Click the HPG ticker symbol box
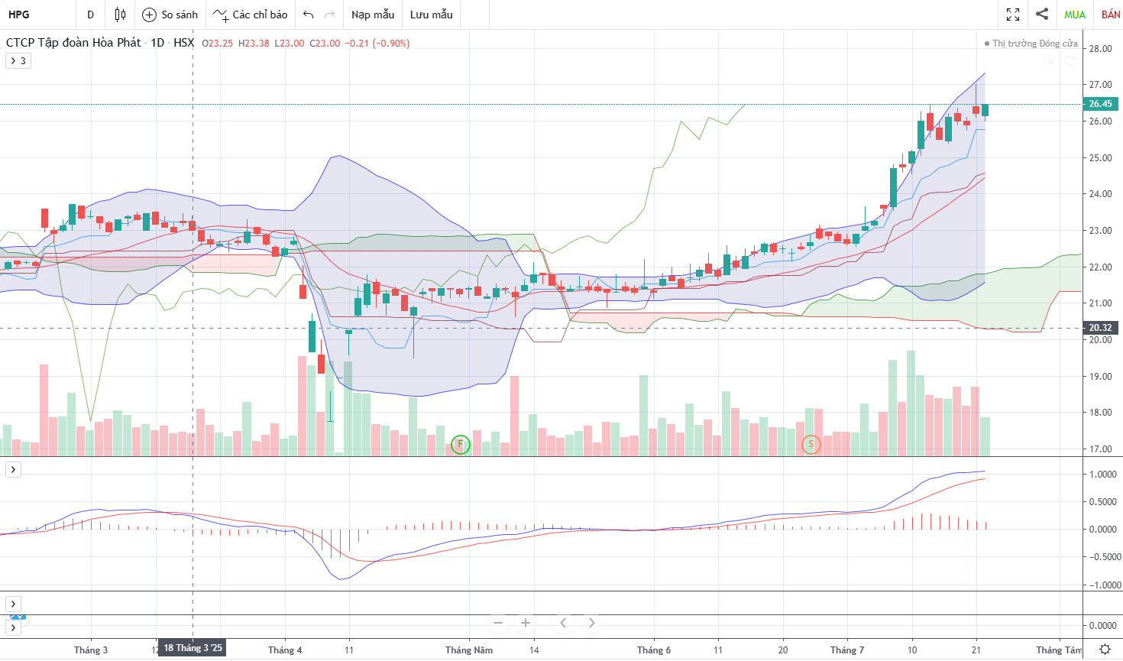point(20,15)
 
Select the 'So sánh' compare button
point(170,15)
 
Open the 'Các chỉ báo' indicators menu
point(251,15)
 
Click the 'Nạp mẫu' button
point(373,15)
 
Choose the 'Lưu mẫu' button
point(431,15)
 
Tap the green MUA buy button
point(1075,15)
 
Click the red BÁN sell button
point(1111,15)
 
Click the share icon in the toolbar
point(1042,14)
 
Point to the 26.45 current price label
point(1100,104)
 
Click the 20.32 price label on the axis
point(1100,328)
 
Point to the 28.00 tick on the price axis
point(1100,49)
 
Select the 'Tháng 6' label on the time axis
point(654,650)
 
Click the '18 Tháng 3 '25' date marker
point(193,648)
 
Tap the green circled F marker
point(460,444)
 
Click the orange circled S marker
point(811,444)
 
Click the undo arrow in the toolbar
point(309,15)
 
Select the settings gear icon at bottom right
point(1105,650)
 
